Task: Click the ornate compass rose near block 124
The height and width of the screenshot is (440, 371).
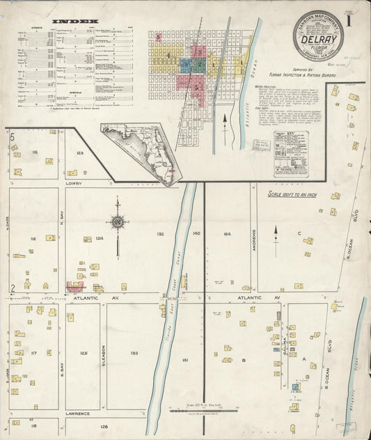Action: pos(118,222)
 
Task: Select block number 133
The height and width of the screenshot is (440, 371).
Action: pos(134,353)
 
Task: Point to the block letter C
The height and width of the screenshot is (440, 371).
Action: pos(299,234)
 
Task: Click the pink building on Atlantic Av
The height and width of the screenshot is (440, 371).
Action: pos(74,285)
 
